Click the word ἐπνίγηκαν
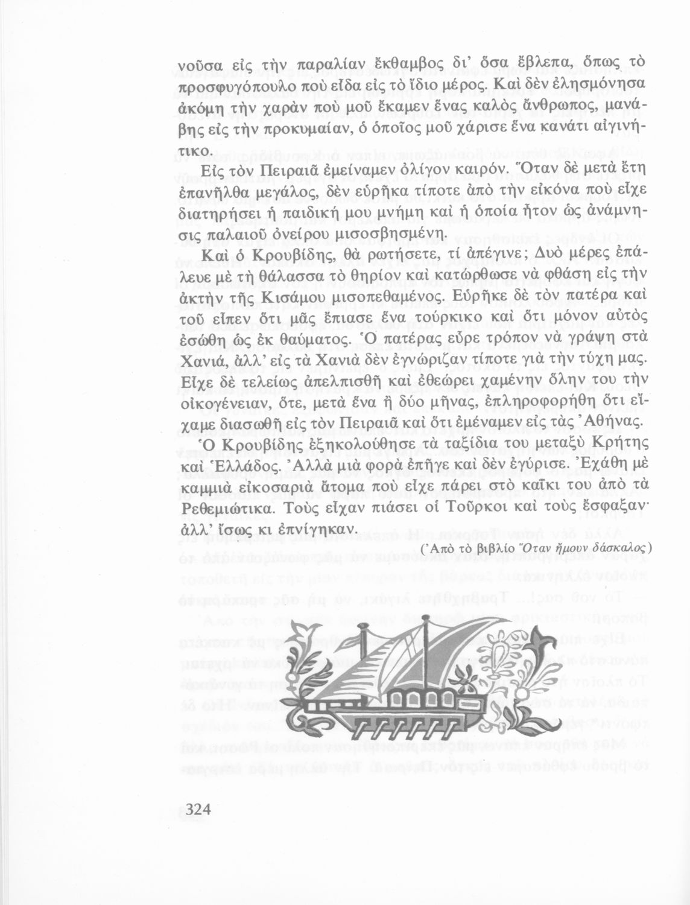[x=314, y=529]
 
